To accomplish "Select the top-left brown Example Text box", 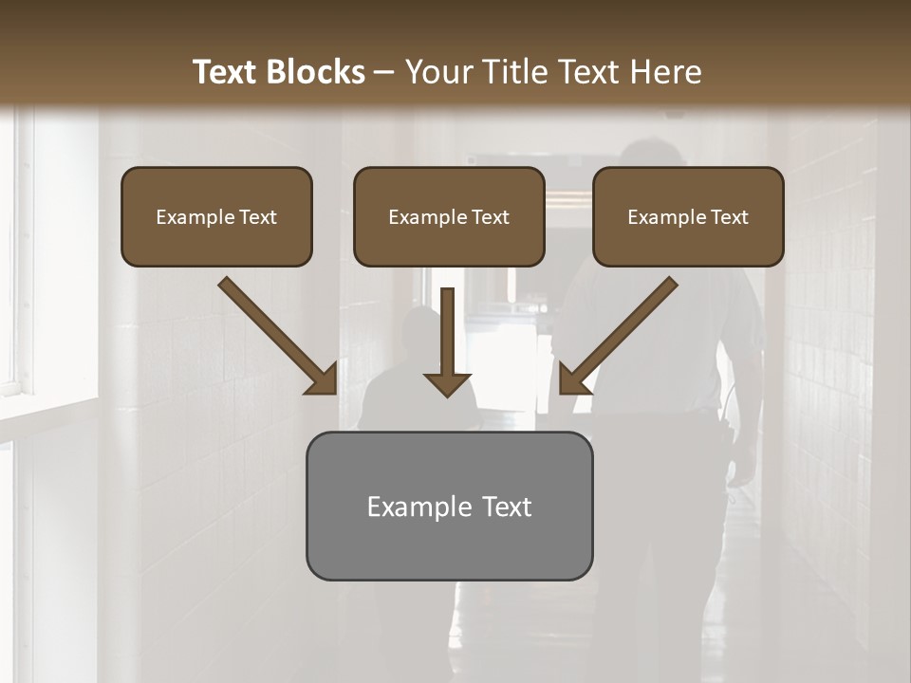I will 216,216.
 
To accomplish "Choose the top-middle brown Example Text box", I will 449,216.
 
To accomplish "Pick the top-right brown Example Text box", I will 688,216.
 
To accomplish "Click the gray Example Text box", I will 449,506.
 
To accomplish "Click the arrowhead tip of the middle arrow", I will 448,393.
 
